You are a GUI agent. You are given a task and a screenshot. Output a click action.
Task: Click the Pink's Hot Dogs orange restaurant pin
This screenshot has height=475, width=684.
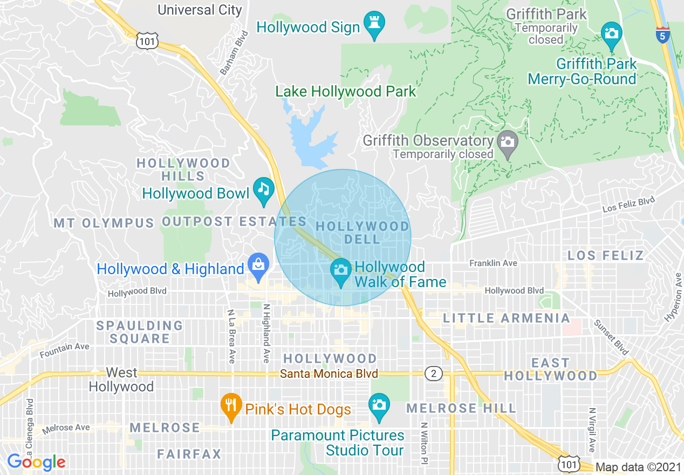[x=231, y=407]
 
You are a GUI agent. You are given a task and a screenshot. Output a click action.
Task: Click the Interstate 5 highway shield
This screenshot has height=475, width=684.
[x=663, y=34]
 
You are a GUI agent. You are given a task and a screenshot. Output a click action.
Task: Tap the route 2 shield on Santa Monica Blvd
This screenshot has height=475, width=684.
[x=433, y=374]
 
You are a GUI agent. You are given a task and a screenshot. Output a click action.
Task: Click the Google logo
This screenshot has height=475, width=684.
[x=36, y=462]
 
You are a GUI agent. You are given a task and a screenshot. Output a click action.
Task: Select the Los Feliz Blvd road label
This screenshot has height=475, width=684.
[x=628, y=205]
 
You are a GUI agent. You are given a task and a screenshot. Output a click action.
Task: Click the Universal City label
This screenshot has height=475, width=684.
[x=199, y=9]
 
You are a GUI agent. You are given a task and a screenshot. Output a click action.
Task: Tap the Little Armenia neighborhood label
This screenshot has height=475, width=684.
[x=506, y=318]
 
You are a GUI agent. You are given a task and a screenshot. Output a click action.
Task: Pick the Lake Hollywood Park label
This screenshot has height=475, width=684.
[x=346, y=92]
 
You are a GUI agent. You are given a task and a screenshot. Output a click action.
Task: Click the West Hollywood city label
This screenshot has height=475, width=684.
[x=121, y=379]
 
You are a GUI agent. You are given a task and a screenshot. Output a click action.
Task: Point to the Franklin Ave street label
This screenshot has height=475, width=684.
[x=493, y=263]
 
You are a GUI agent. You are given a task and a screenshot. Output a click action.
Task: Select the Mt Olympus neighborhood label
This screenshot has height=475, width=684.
[x=104, y=223]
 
